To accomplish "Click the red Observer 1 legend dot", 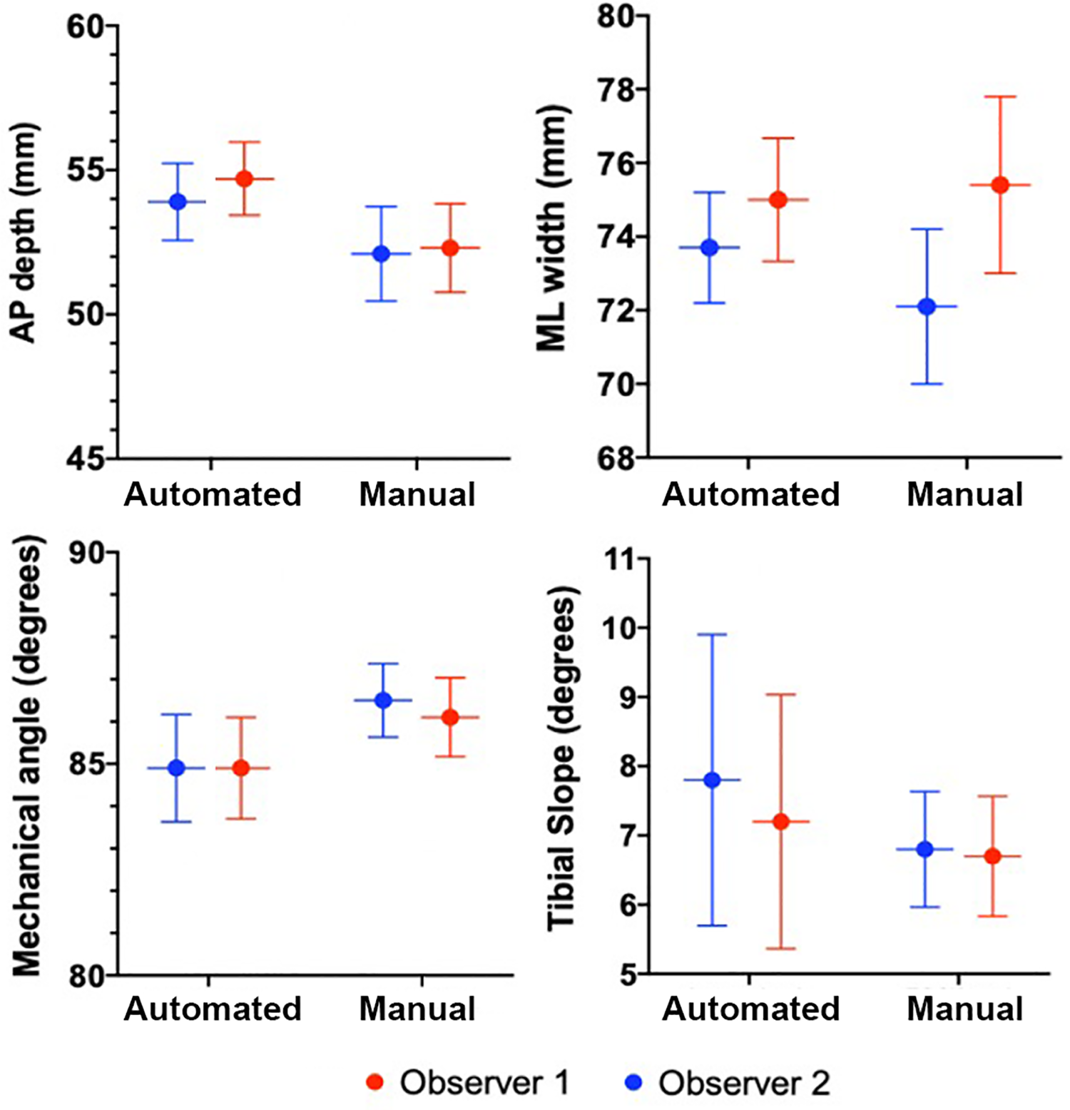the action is pyautogui.click(x=374, y=1082).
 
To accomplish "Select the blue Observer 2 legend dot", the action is pyautogui.click(x=633, y=1082).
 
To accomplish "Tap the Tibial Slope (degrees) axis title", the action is pyautogui.click(x=561, y=760).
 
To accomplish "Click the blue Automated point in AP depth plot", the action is pyautogui.click(x=178, y=202).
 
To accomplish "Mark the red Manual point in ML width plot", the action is pyautogui.click(x=1000, y=185).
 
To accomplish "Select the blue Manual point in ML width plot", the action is pyautogui.click(x=927, y=307).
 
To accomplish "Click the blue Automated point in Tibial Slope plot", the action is pyautogui.click(x=712, y=780).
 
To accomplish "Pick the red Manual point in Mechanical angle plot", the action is pyautogui.click(x=450, y=717).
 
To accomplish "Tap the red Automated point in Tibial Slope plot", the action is pyautogui.click(x=781, y=822).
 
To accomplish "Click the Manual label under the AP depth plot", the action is pyautogui.click(x=417, y=494).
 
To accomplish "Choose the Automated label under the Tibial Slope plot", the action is pyautogui.click(x=750, y=1009).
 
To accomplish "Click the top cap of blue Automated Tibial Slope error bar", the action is pyautogui.click(x=712, y=634).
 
